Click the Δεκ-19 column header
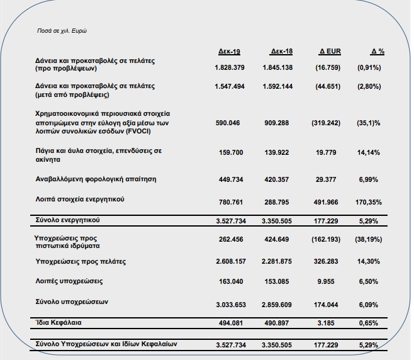[229, 51]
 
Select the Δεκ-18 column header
[281, 51]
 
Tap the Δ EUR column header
[330, 51]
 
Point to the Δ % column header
[378, 51]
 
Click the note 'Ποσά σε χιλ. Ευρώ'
[62, 31]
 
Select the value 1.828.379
[230, 67]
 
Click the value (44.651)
[328, 87]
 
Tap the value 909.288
[276, 123]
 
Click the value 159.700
[231, 153]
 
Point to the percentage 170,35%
[368, 202]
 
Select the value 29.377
[326, 179]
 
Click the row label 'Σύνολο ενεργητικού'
[67, 220]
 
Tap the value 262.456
[231, 239]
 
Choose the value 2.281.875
[276, 261]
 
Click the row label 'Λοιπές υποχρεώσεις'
[69, 281]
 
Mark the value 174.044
[326, 305]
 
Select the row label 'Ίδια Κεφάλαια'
[59, 322]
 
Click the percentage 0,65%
[368, 323]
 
